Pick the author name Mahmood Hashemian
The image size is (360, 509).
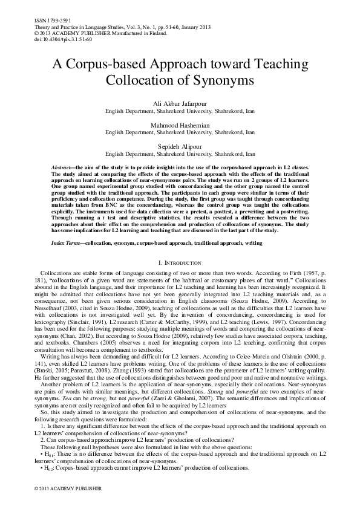179,125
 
